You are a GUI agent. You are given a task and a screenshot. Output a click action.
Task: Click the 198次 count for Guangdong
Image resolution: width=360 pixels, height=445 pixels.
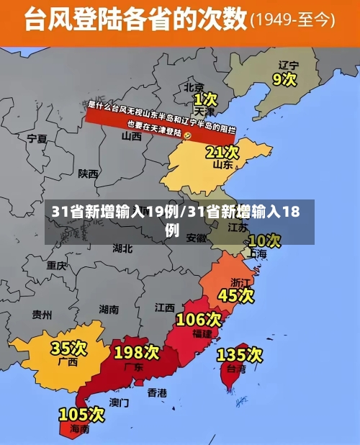[136, 352]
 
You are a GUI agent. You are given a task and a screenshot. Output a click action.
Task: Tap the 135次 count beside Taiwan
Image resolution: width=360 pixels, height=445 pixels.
[239, 354]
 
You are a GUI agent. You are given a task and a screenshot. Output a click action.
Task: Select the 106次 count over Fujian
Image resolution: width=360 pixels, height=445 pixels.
[198, 319]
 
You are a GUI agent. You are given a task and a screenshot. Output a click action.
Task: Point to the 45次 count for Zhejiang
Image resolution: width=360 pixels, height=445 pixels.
[236, 295]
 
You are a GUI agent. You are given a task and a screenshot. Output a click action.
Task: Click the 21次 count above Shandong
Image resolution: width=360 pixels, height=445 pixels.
[222, 152]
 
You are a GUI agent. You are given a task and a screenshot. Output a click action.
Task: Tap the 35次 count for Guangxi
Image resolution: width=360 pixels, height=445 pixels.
[68, 349]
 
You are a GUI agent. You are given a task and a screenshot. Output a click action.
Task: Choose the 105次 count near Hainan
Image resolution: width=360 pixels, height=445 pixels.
[81, 415]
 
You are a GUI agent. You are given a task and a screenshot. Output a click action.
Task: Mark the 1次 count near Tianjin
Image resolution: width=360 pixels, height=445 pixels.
[205, 97]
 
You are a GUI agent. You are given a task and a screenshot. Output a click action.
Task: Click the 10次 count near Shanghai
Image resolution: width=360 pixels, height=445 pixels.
[264, 240]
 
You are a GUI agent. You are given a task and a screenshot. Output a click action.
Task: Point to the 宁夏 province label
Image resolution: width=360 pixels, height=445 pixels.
[37, 138]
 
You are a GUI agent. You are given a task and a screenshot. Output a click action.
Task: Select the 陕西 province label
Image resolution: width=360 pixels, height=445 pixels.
[89, 174]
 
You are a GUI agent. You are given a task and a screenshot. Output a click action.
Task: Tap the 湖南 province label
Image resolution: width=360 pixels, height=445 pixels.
[109, 309]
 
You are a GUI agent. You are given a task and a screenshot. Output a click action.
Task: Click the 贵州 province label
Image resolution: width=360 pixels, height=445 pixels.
[42, 315]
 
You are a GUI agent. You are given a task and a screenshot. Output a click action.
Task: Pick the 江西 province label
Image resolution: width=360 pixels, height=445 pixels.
[164, 307]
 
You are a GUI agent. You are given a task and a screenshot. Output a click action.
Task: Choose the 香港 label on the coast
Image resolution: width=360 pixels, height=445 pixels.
[156, 392]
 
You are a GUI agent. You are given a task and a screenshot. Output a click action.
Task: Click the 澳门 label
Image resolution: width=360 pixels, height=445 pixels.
[119, 402]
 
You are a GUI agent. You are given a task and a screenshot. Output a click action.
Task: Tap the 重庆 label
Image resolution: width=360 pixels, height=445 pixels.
[56, 265]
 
